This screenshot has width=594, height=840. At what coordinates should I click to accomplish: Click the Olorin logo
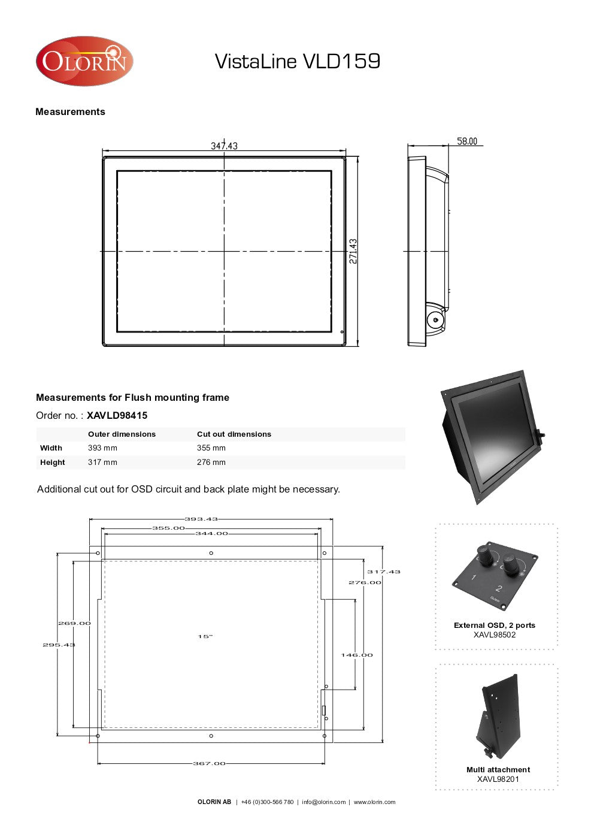click(84, 61)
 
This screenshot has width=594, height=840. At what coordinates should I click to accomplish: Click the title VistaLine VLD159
click(297, 61)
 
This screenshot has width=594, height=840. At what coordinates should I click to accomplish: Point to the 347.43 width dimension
click(224, 146)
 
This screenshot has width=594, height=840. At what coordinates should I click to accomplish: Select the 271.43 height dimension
click(353, 251)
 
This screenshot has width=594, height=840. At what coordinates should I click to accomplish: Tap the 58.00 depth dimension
click(467, 141)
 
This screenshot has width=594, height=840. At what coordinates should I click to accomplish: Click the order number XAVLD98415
click(117, 415)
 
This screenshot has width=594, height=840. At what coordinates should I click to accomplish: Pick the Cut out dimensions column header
click(234, 434)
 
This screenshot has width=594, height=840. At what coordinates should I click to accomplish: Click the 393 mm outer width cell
click(102, 448)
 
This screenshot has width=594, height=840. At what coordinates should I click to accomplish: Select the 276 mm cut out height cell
click(211, 463)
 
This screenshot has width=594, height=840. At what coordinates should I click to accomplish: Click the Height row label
click(53, 463)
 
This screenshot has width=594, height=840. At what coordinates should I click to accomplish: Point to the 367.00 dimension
click(209, 763)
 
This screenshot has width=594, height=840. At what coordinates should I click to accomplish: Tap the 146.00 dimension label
click(357, 655)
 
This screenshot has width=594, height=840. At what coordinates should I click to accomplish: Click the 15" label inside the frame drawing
click(205, 636)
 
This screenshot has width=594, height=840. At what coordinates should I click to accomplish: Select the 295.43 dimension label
click(59, 645)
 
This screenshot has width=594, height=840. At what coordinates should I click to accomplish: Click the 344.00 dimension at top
click(212, 533)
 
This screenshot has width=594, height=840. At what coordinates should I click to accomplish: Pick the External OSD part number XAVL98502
click(495, 634)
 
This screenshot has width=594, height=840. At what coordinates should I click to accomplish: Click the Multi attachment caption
click(498, 770)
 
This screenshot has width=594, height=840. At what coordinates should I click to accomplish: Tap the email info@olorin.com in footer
click(324, 802)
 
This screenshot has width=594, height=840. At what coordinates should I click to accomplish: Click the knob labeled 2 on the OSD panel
click(511, 564)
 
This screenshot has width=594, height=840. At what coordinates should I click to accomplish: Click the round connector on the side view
click(435, 321)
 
